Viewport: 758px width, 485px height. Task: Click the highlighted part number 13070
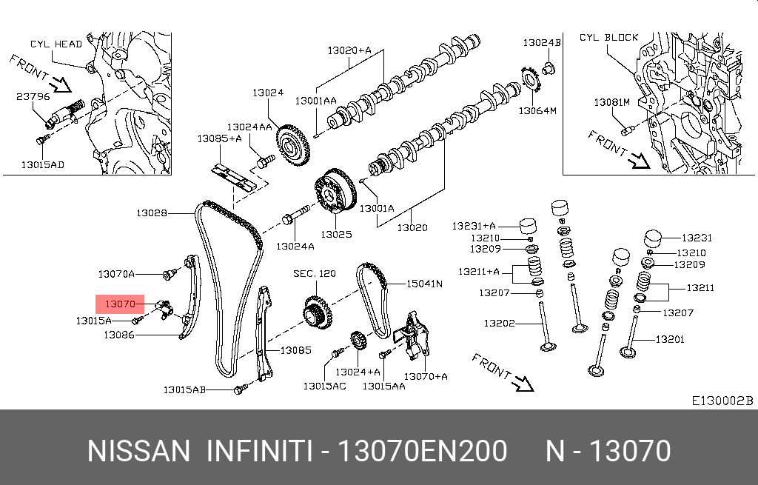pyautogui.click(x=119, y=304)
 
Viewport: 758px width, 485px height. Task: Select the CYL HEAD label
pyautogui.click(x=56, y=44)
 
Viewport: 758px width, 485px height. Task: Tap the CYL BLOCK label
pyautogui.click(x=608, y=37)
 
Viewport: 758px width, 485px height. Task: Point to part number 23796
pyautogui.click(x=33, y=96)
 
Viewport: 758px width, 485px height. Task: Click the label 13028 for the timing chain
pyautogui.click(x=152, y=213)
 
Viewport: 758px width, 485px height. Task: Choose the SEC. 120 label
pyautogui.click(x=314, y=274)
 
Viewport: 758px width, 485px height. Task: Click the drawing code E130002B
pyautogui.click(x=722, y=401)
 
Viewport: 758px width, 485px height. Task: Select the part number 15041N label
pyautogui.click(x=423, y=283)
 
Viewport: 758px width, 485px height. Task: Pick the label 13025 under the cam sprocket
pyautogui.click(x=335, y=234)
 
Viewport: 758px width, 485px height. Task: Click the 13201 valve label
pyautogui.click(x=670, y=340)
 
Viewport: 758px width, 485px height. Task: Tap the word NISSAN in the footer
pyautogui.click(x=138, y=450)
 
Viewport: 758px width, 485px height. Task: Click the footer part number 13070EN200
pyautogui.click(x=423, y=450)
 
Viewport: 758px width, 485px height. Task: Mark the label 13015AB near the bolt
pyautogui.click(x=185, y=389)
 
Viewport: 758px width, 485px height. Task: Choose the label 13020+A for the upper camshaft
pyautogui.click(x=349, y=50)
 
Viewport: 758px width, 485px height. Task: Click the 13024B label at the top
pyautogui.click(x=542, y=43)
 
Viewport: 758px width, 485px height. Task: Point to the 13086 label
pyautogui.click(x=118, y=335)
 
